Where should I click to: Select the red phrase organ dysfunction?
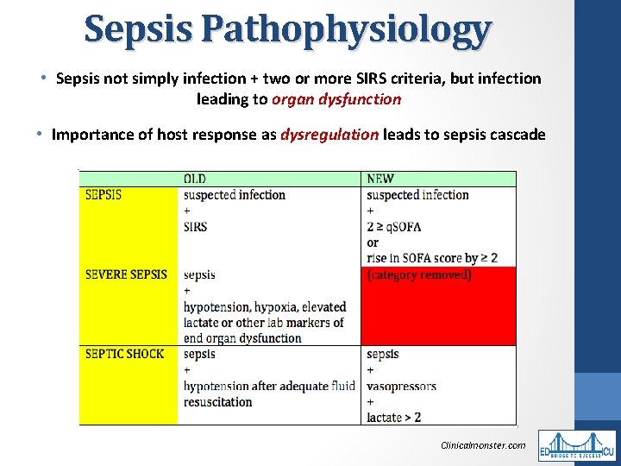(336, 99)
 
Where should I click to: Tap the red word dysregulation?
(329, 135)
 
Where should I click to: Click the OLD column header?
(195, 179)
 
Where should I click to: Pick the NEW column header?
(379, 179)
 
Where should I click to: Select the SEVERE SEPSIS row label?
(126, 274)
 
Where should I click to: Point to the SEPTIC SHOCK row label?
(124, 354)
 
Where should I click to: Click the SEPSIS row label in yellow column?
(103, 195)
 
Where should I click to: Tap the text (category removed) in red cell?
(419, 275)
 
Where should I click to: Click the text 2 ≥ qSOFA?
(395, 227)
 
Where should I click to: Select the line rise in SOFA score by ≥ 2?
(431, 258)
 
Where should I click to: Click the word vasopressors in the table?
(401, 386)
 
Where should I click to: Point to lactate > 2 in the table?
(393, 417)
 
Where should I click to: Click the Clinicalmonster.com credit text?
(482, 445)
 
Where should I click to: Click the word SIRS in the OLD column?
(195, 227)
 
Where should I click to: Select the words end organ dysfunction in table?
(242, 338)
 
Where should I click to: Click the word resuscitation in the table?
(217, 402)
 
